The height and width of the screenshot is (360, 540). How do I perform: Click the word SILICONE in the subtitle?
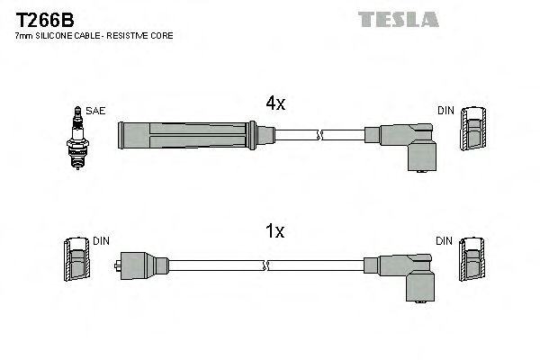point(62,36)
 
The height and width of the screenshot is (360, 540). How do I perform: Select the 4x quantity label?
point(275,103)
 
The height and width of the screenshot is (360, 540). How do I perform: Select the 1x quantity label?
point(275,232)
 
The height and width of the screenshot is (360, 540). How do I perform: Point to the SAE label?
point(96,111)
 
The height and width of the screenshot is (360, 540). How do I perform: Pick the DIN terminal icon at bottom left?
point(77,263)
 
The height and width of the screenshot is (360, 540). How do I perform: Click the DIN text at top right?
point(446,111)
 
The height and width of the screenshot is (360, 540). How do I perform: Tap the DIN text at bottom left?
point(102,241)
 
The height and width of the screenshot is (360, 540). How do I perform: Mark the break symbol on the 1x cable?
point(265,265)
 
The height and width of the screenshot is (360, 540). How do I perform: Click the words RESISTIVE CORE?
point(143,36)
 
